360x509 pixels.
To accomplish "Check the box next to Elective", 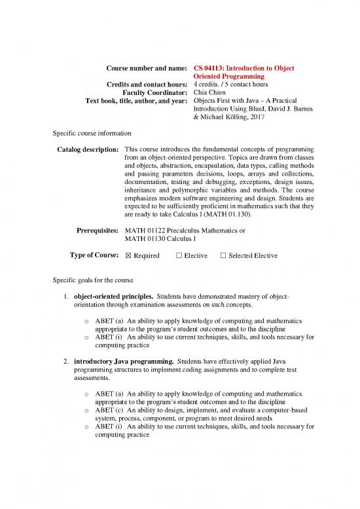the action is coord(179,255).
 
